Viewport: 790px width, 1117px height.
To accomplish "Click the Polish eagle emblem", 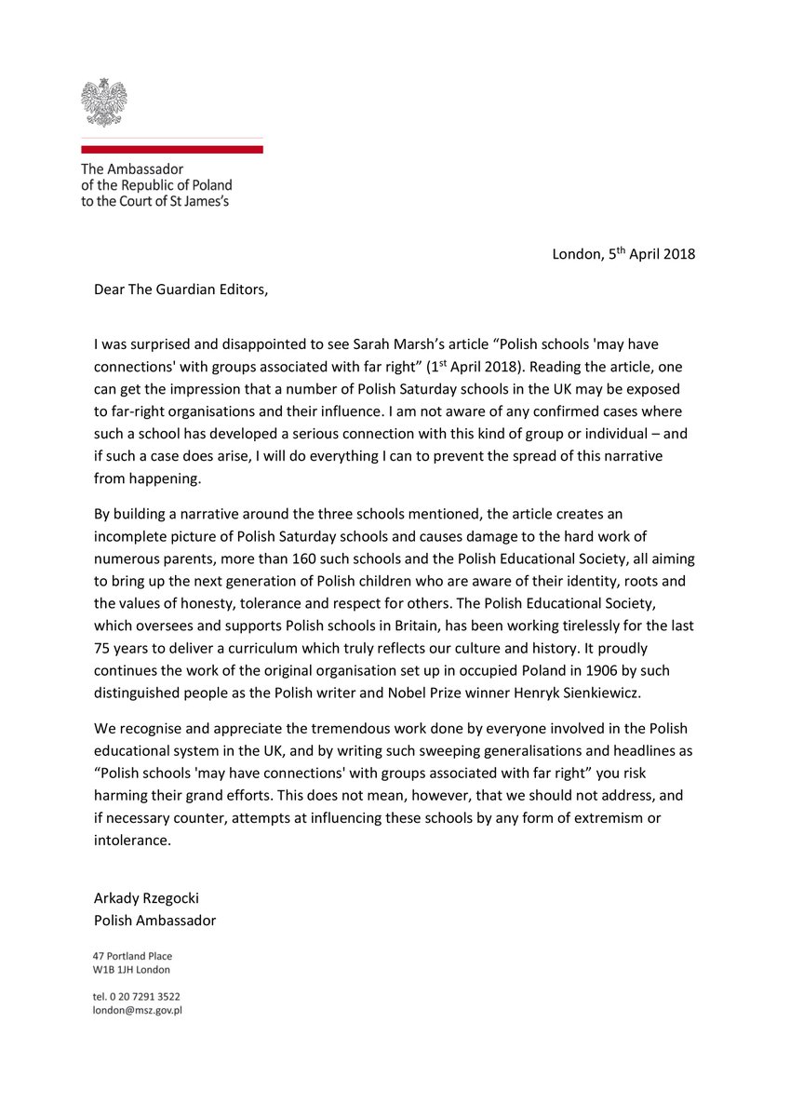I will (x=103, y=101).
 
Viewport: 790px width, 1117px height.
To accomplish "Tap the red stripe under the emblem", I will (x=171, y=148).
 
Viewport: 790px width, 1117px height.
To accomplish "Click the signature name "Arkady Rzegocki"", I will (x=145, y=898).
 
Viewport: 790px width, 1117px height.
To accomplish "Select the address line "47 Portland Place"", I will (x=132, y=955).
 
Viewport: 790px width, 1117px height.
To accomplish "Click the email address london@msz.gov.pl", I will (x=137, y=1009).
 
